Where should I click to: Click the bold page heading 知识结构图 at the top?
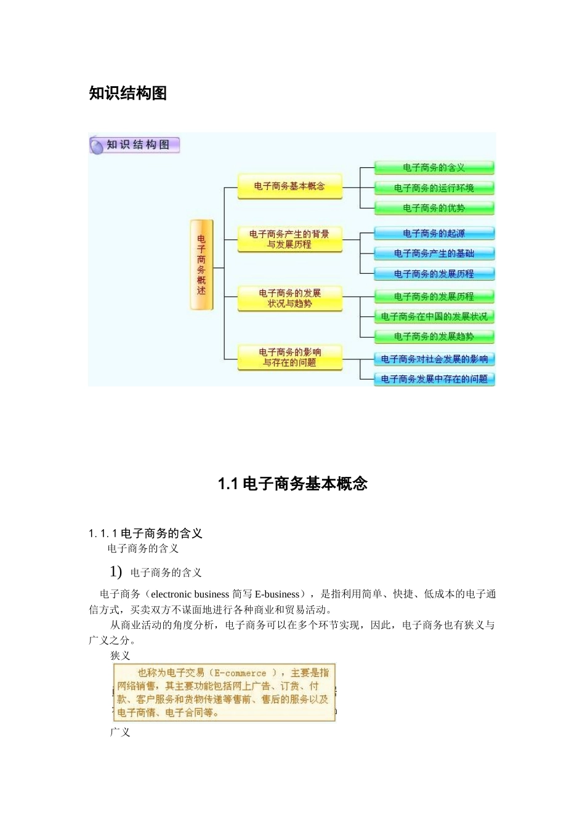127,93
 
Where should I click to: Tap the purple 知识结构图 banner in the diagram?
135,145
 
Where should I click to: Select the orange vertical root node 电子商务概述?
201,265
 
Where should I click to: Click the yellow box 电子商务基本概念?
289,186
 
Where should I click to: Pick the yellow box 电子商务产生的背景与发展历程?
289,239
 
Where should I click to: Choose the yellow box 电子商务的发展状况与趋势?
289,298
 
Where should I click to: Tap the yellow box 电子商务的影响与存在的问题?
289,358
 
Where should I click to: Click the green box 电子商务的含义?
434,167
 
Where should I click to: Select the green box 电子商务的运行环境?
434,188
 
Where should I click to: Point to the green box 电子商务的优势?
434,208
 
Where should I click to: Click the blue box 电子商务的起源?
434,233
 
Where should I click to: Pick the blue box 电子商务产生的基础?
434,254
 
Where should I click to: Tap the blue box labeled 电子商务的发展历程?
434,274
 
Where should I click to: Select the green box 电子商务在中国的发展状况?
434,316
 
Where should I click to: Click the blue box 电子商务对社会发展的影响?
434,359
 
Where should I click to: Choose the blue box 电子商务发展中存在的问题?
434,379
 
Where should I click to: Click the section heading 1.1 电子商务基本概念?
292,484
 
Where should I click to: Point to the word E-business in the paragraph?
276,594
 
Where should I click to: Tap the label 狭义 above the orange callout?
120,656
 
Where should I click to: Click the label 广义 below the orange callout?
120,732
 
